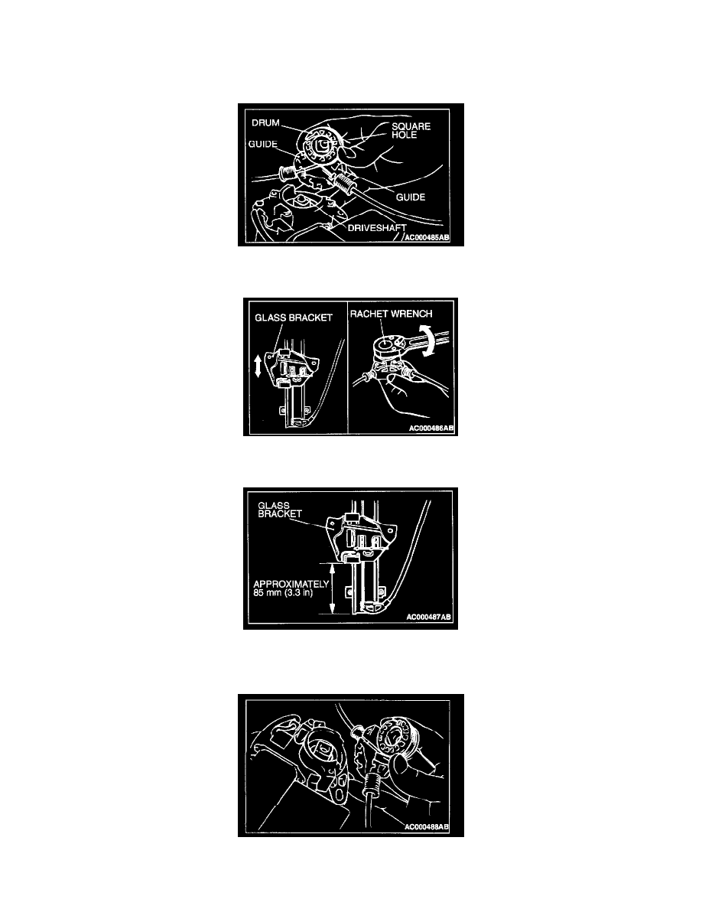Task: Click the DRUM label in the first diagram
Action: pyautogui.click(x=265, y=123)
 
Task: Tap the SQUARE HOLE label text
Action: pyautogui.click(x=411, y=130)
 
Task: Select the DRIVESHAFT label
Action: pyautogui.click(x=377, y=228)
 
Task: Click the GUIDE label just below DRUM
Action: pyautogui.click(x=263, y=144)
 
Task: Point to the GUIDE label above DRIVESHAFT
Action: pyautogui.click(x=411, y=197)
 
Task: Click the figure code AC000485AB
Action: pyautogui.click(x=427, y=238)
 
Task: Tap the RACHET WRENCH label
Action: pyautogui.click(x=391, y=314)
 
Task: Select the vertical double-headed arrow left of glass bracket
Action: pyautogui.click(x=258, y=367)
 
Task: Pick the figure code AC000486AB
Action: pyautogui.click(x=431, y=428)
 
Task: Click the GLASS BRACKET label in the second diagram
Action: pyautogui.click(x=294, y=318)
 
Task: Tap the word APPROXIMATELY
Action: pyautogui.click(x=291, y=585)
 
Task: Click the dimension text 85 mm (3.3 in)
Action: pyautogui.click(x=283, y=593)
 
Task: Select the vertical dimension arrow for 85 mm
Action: pyautogui.click(x=333, y=588)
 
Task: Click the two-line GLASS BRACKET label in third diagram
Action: pyautogui.click(x=280, y=510)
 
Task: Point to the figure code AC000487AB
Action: pyautogui.click(x=428, y=617)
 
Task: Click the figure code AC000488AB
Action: pyautogui.click(x=427, y=826)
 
